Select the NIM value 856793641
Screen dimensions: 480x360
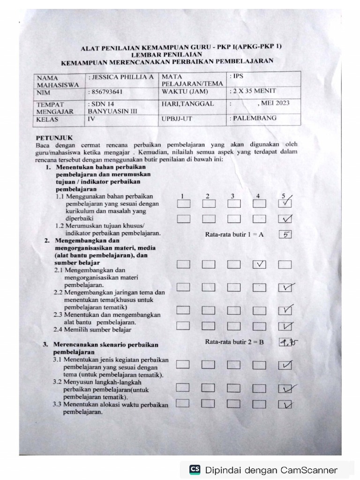[x=107, y=92]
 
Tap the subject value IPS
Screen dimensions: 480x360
[x=237, y=75]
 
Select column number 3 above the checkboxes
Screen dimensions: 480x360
[x=232, y=195]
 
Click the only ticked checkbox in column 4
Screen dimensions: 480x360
[x=259, y=264]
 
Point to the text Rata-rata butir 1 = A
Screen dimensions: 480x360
[x=234, y=235]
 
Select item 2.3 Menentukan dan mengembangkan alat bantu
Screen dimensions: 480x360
[x=107, y=318]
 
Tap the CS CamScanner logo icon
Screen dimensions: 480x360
[x=195, y=470]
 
